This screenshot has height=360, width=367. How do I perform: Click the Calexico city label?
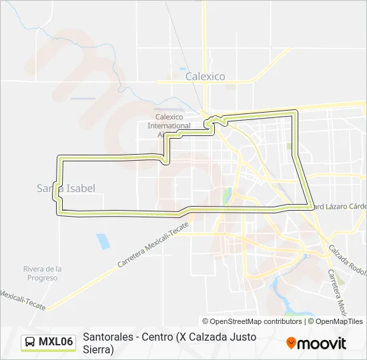coord(205,77)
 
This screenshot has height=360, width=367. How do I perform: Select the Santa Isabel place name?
coord(66,189)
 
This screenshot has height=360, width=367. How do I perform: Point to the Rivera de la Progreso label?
coord(43,273)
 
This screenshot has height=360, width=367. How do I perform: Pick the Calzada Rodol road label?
coord(347,261)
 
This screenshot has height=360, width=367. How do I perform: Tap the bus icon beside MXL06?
coord(30,343)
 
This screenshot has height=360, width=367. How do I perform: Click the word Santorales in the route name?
coord(107,337)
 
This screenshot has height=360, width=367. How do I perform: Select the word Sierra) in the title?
coord(98,349)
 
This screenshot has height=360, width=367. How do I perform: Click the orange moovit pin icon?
coord(291,343)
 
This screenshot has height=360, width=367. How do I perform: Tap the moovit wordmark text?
coord(322,343)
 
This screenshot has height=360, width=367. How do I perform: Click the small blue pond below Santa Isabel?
coord(103,241)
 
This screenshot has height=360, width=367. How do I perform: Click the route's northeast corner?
coord(294,113)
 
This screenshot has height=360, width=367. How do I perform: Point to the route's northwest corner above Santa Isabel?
coord(60,159)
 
